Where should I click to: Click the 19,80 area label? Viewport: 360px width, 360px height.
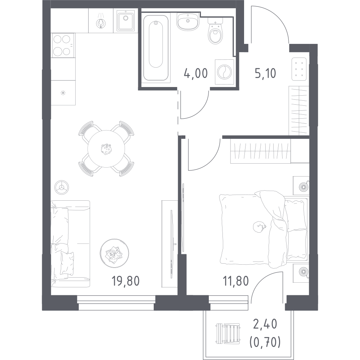pos(126,281)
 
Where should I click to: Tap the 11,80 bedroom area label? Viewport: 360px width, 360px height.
pos(236,281)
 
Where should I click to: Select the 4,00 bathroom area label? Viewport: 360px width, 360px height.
pos(195,73)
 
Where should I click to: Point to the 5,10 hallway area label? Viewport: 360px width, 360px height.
pos(265,73)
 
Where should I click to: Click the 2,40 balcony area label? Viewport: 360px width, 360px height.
pos(265,324)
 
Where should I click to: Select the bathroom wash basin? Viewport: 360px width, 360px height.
pos(188,21)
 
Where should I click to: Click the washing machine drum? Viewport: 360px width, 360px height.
pos(224,72)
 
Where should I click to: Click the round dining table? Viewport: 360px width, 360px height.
pos(106,149)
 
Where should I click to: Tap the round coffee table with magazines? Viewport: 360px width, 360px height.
pos(114,253)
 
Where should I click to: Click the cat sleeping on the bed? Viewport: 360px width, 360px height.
pos(259,227)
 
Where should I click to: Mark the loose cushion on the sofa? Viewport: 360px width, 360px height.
pos(67,263)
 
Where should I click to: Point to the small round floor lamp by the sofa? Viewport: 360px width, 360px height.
pos(62,187)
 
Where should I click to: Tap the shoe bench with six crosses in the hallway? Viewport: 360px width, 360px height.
pos(299,69)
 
